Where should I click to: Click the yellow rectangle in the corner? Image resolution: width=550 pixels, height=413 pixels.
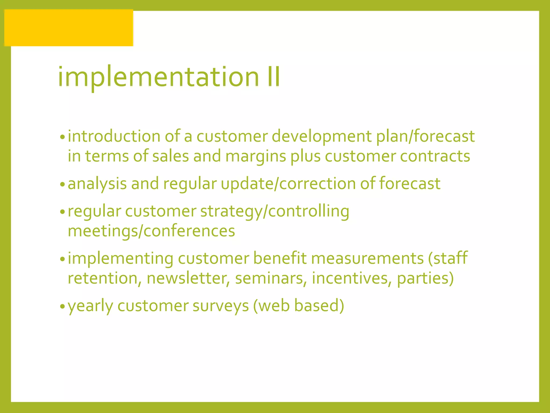tap(69, 28)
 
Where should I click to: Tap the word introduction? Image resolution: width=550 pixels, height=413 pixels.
tap(114, 136)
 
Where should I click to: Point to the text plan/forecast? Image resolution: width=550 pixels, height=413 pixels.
tap(425, 136)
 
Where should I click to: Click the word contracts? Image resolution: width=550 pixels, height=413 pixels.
tap(435, 156)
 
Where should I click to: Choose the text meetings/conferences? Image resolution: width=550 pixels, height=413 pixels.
tap(151, 231)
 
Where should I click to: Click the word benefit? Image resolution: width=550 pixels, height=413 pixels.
tap(280, 258)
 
